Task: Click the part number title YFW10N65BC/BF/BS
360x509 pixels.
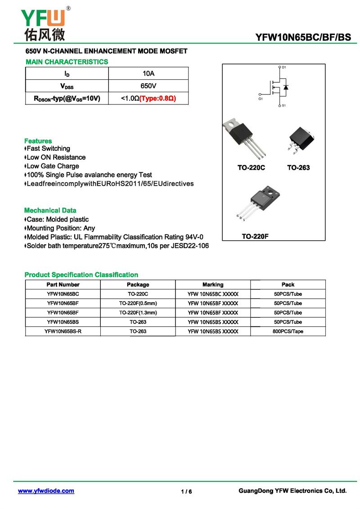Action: pos(303,38)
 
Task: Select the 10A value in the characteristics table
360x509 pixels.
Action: pos(148,73)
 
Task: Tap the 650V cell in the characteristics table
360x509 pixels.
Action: pos(148,86)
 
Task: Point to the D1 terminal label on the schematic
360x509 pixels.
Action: pos(284,67)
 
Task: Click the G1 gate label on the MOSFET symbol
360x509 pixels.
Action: pos(261,98)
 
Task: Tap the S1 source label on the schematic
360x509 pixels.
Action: pos(284,106)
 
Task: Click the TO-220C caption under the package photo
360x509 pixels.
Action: pos(251,168)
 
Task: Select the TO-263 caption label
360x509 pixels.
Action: pos(298,168)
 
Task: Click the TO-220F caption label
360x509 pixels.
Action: pos(255,236)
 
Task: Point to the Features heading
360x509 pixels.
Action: pos(38,141)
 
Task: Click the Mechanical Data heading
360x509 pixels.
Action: pos(50,210)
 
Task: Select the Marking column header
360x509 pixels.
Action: pos(213,284)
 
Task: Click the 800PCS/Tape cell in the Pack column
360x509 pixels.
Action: pos(288,331)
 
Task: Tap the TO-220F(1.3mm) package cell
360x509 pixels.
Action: pos(138,312)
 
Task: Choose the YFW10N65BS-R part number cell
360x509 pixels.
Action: pos(63,331)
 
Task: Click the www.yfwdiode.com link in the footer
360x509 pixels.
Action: pos(46,491)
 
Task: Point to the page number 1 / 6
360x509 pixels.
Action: pos(186,491)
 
